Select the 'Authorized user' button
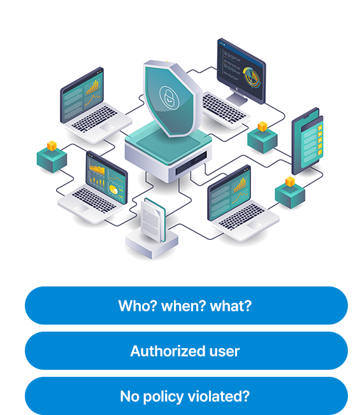(186, 351)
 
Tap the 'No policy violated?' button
(186, 396)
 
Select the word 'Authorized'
(168, 351)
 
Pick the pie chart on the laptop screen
(113, 190)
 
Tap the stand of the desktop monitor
(238, 97)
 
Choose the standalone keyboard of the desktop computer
(225, 110)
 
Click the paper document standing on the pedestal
(153, 220)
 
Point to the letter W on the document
(145, 211)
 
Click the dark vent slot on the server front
(191, 162)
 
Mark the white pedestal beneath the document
(152, 244)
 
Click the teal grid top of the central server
(168, 144)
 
